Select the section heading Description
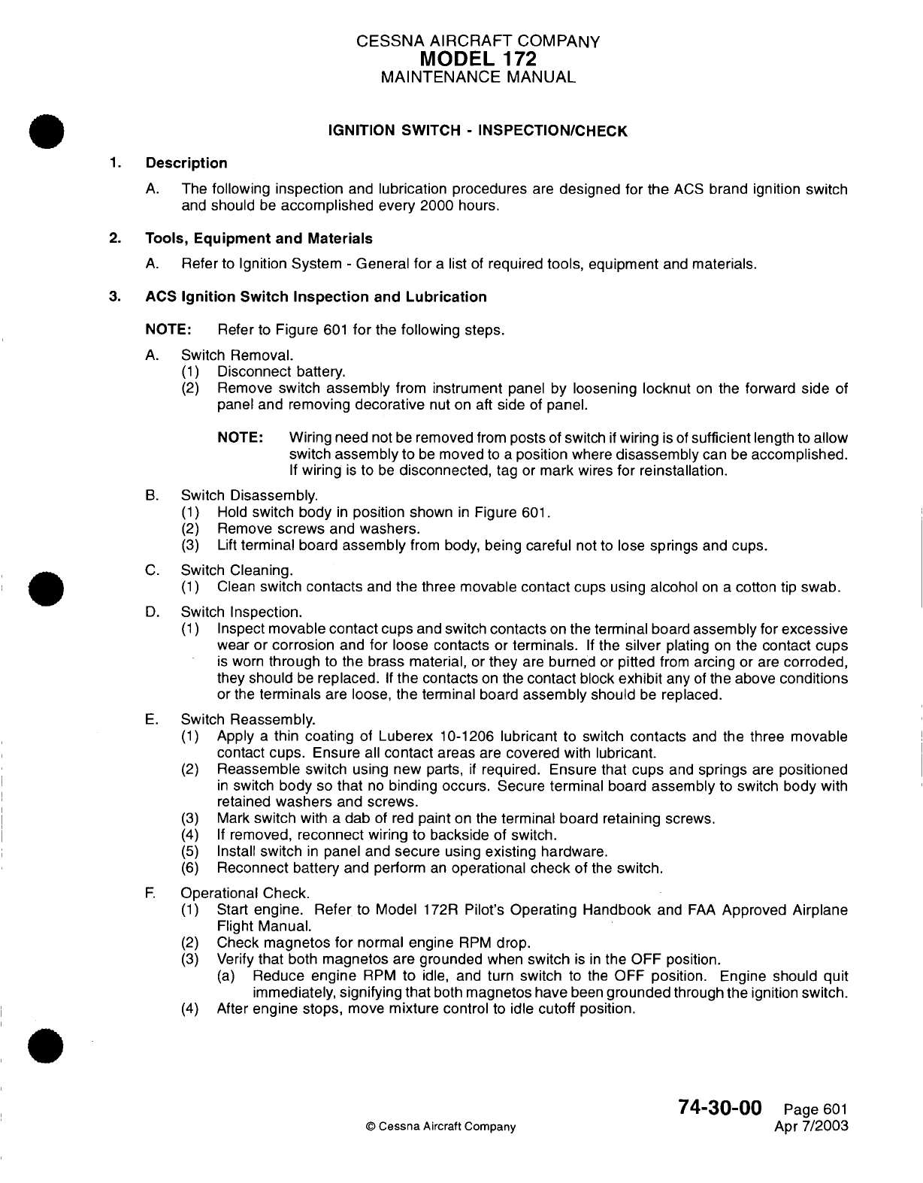pos(186,163)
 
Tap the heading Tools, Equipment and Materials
pos(259,239)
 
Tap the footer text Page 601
pos(816,1110)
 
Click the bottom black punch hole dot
pos(47,1044)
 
